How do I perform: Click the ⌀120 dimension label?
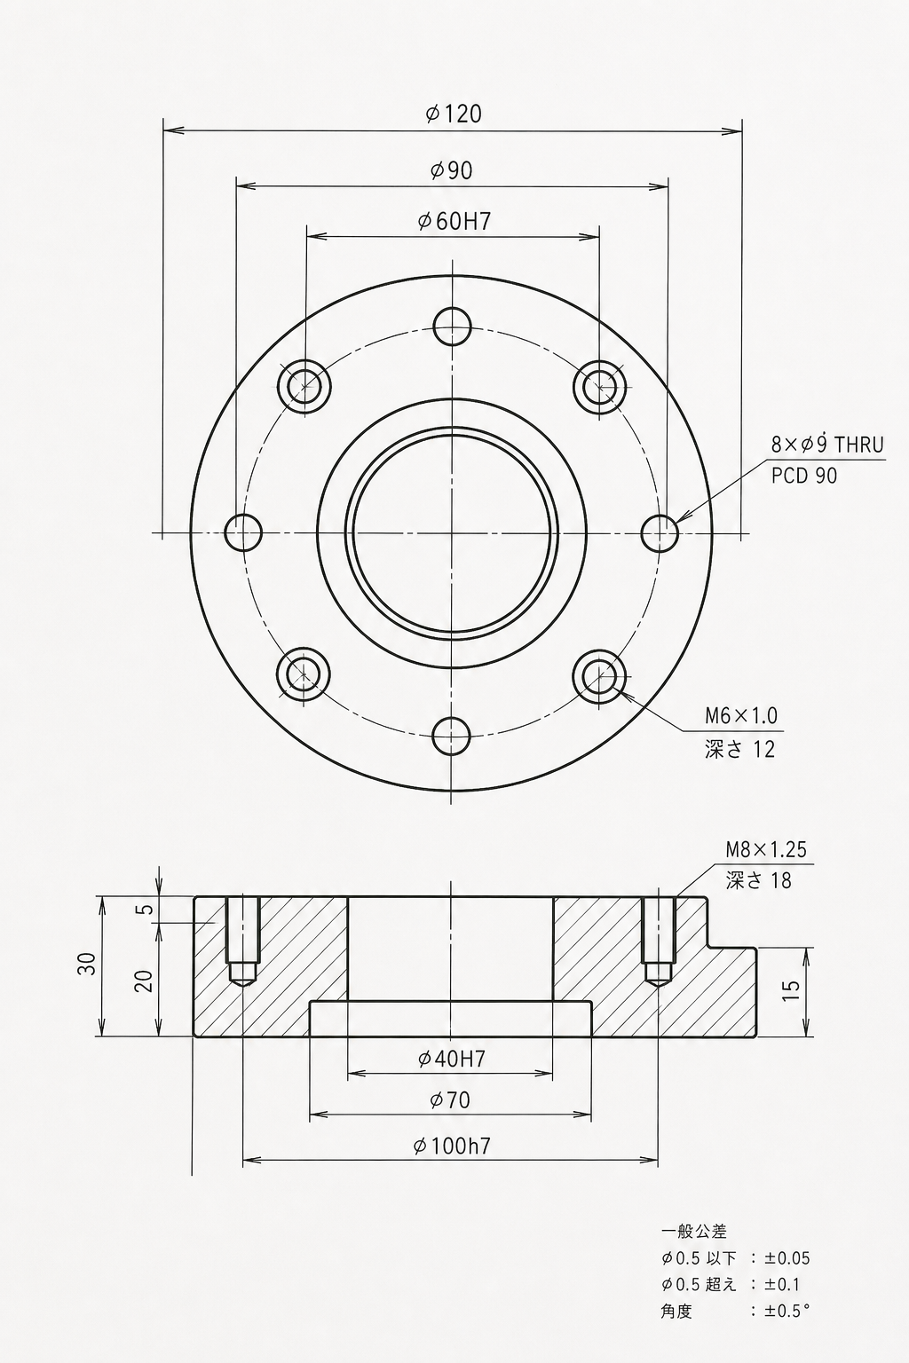point(454,114)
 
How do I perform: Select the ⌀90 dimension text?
point(451,171)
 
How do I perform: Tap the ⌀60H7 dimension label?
point(454,222)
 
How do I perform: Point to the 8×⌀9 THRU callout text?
point(827,445)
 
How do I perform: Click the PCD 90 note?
point(804,476)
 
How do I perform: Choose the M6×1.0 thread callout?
point(741,715)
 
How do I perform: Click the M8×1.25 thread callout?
point(766,849)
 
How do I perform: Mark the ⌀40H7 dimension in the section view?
point(452,1060)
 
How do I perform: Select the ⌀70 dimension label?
point(450,1100)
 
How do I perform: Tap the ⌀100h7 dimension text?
point(451,1146)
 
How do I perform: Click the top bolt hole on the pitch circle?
point(453,327)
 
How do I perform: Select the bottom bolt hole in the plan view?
point(451,736)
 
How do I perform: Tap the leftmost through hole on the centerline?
point(243,532)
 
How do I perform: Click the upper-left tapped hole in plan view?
point(304,385)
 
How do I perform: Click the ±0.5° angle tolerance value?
point(786,1310)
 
